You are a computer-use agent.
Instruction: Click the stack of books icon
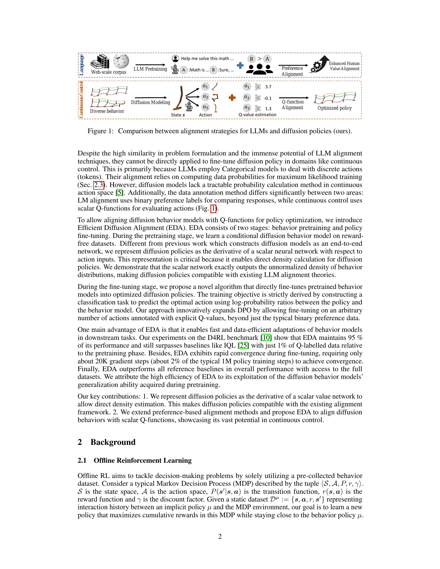(x=100, y=62)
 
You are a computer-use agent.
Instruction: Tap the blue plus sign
(x=240, y=65)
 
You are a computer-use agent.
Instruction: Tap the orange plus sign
(x=232, y=98)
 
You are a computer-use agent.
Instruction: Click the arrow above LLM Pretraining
(x=150, y=65)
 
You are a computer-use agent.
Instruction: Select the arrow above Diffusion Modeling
(x=151, y=98)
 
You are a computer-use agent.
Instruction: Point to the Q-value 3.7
(x=268, y=87)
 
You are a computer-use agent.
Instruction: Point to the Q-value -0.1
(x=267, y=98)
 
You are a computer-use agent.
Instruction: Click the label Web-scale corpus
(x=108, y=72)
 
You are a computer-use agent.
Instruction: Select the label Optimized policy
(x=334, y=108)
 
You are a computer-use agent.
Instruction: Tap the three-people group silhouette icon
(x=259, y=69)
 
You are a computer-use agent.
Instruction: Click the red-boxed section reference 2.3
(x=99, y=185)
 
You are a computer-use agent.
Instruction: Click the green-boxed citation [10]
(x=266, y=338)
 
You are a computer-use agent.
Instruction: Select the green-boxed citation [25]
(x=244, y=346)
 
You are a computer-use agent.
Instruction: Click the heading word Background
(x=113, y=442)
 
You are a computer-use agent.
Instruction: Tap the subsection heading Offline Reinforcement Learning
(x=142, y=460)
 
